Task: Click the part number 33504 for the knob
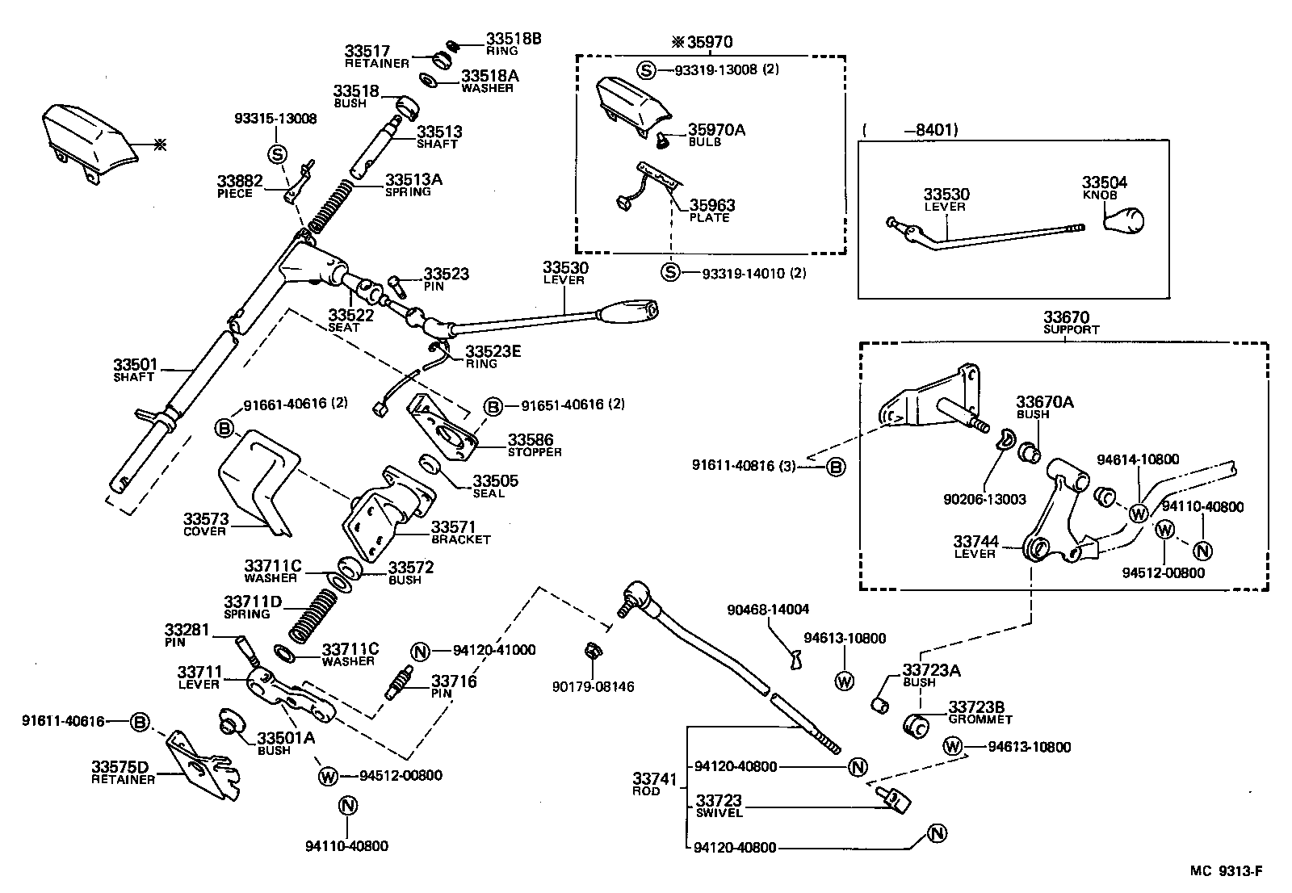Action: tap(1105, 182)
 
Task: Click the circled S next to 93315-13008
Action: tap(277, 153)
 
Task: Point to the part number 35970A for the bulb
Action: tap(716, 129)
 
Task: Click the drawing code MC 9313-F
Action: tap(1225, 870)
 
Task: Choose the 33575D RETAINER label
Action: tap(123, 772)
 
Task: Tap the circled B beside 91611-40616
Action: tap(140, 722)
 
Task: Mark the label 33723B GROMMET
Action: tap(979, 712)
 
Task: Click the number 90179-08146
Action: tap(594, 687)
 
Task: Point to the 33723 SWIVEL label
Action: tap(719, 806)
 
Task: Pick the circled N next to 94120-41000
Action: tap(419, 651)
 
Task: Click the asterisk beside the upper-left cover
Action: tap(160, 145)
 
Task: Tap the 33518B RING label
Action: tap(513, 43)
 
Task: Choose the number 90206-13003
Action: tap(984, 500)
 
